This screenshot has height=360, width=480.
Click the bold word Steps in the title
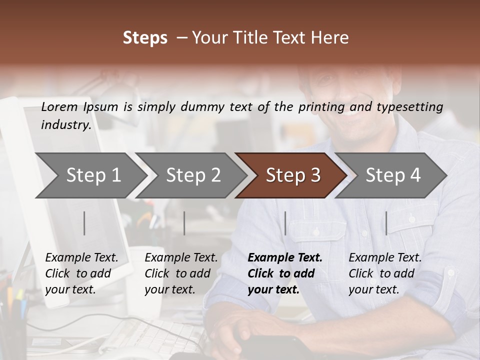click(145, 38)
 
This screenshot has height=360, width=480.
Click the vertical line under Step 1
click(84, 223)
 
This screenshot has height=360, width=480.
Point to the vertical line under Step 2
click(184, 223)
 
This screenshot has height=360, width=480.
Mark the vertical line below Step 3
click(285, 223)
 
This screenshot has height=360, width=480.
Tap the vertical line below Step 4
click(386, 223)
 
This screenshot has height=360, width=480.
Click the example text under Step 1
click(81, 273)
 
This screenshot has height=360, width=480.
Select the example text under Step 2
click(181, 273)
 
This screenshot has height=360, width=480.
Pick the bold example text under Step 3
click(285, 273)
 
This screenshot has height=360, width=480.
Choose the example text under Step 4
click(385, 273)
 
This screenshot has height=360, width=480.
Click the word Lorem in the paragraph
click(59, 106)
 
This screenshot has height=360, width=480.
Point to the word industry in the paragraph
click(66, 125)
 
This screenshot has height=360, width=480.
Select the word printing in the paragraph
click(321, 107)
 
